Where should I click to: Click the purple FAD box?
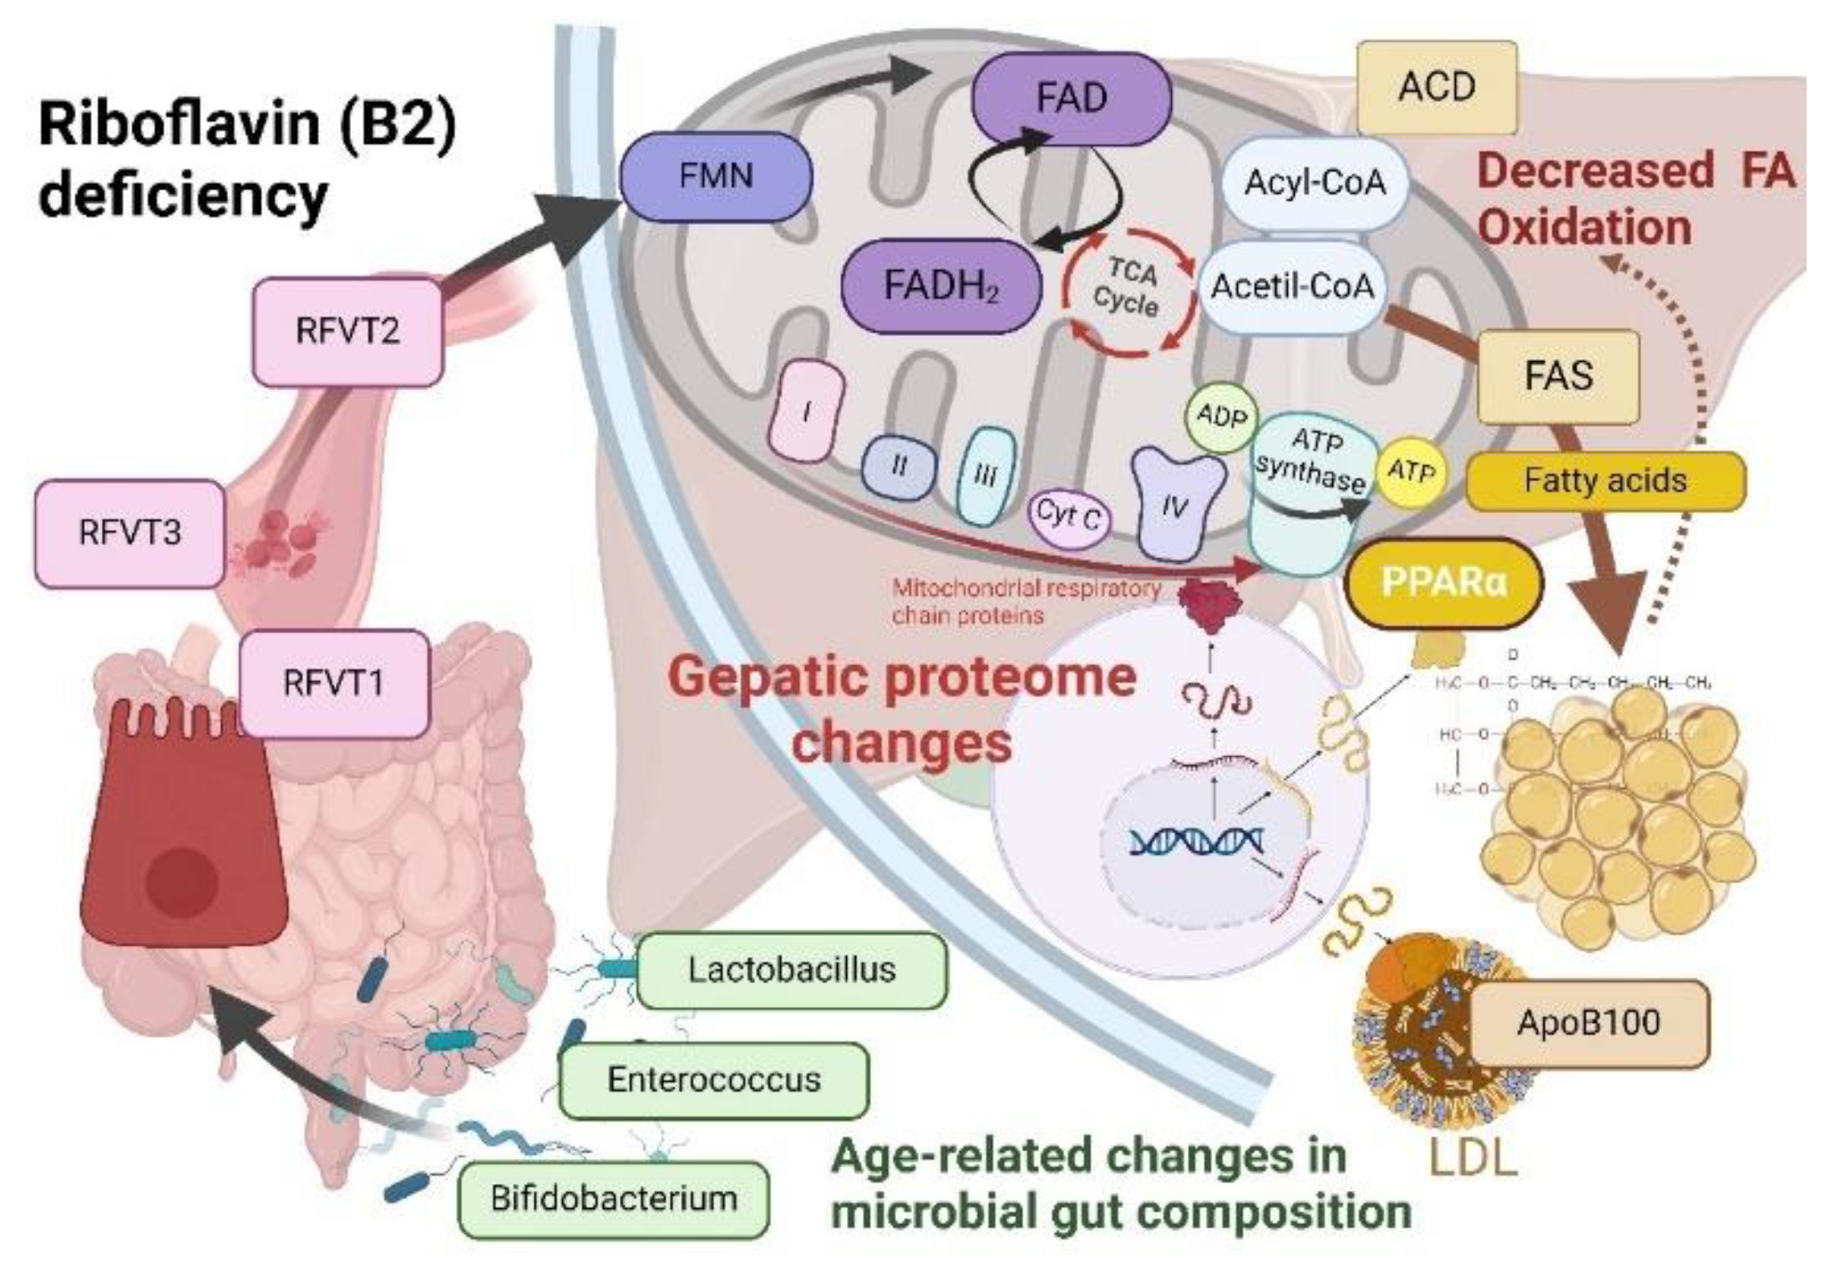1071,97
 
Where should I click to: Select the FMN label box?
716,175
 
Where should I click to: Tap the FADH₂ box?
941,286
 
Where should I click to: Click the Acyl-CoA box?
1315,183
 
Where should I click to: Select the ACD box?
1437,87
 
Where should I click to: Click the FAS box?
1558,375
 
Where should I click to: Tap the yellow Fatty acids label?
1604,480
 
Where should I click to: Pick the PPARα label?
1444,582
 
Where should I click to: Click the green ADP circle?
1221,415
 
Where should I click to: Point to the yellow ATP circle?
1411,472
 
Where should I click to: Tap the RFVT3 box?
129,533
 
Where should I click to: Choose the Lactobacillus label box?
791,970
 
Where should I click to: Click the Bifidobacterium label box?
613,1199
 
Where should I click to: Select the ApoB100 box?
1588,1024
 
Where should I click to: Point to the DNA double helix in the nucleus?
1196,841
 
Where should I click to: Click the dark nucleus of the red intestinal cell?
181,881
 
